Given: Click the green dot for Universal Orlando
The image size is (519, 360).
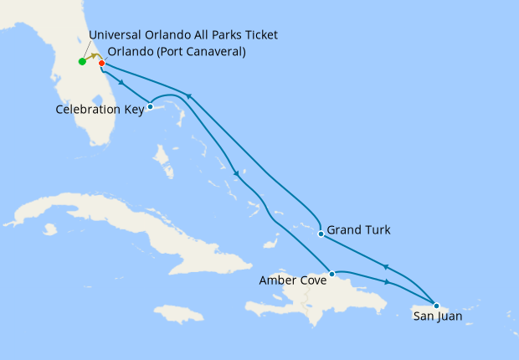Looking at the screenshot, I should (x=82, y=61).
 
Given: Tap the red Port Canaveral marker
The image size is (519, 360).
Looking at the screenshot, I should (x=101, y=63).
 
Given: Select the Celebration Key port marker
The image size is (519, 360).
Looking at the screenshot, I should (x=150, y=106).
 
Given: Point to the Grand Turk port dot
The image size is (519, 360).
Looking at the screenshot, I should (x=321, y=234).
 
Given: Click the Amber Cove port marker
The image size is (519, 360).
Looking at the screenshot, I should (x=332, y=274).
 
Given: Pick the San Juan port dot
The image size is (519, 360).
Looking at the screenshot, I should (x=436, y=305).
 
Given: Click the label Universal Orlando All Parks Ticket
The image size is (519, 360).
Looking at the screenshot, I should (x=182, y=35).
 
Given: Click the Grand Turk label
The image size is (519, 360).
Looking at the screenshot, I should (x=358, y=229).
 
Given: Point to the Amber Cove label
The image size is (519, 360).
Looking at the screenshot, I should (x=293, y=280).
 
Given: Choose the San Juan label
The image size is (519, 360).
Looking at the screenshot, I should (x=438, y=316).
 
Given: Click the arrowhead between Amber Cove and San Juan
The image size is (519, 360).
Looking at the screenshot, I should (x=386, y=281).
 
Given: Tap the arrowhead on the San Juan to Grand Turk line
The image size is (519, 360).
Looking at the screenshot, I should (x=385, y=267).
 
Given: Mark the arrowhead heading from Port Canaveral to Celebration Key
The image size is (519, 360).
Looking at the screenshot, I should (x=124, y=82).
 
